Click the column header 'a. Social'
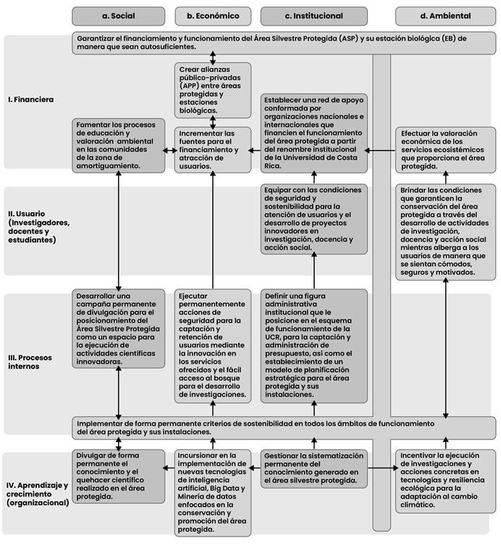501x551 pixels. tap(119, 15)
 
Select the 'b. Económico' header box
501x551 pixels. tap(213, 15)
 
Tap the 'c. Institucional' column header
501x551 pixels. tap(313, 15)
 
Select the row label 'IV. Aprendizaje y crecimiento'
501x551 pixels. tap(37, 493)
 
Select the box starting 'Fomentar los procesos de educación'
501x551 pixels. tap(117, 145)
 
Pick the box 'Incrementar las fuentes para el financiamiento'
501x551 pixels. tap(212, 149)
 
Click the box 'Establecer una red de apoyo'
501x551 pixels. tap(314, 132)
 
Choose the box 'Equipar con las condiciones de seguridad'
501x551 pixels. tap(314, 218)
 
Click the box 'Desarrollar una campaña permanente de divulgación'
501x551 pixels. tap(117, 328)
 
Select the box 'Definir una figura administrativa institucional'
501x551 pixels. tap(314, 347)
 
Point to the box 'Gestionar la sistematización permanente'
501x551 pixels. tap(314, 468)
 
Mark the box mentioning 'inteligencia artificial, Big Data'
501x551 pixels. tap(212, 492)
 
